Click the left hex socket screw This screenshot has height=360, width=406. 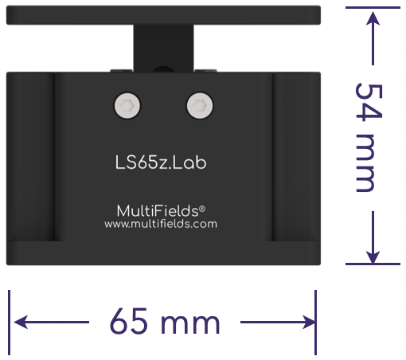127,105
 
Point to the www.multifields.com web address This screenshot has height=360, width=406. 161,225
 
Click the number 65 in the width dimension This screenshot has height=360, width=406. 132,323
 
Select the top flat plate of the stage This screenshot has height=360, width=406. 162,14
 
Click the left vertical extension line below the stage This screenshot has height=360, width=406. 10,322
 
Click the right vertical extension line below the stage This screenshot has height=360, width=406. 316,322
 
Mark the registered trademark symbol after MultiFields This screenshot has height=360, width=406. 202,207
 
